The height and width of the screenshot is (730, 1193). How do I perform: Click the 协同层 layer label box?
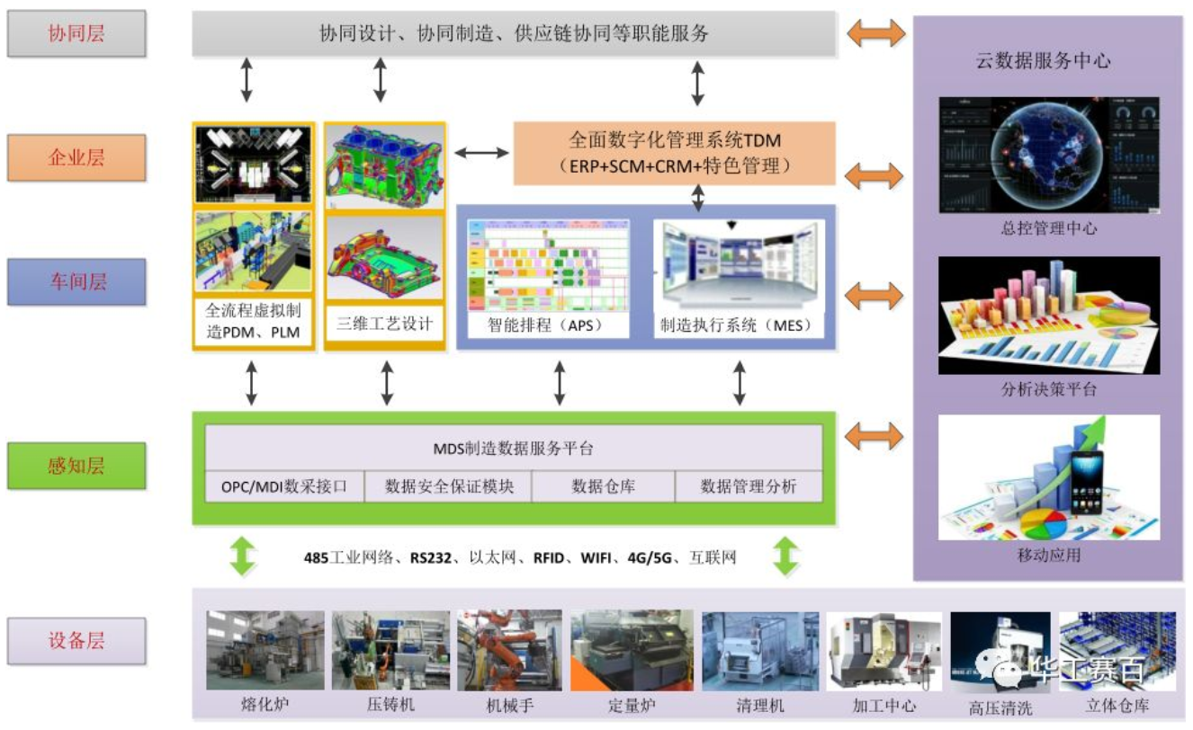click(76, 34)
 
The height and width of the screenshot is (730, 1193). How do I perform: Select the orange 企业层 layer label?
click(76, 158)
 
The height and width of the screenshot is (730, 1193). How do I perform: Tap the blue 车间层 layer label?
click(76, 282)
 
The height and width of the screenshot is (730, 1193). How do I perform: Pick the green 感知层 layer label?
click(76, 466)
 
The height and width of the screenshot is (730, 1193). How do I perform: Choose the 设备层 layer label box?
click(76, 641)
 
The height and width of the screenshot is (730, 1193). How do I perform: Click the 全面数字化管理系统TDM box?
click(674, 153)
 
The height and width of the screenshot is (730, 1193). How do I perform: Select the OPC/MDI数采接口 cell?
click(284, 487)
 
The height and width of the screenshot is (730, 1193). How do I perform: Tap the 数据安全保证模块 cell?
click(448, 487)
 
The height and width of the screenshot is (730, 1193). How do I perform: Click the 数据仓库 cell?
click(603, 487)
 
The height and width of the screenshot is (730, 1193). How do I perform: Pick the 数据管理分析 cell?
click(748, 487)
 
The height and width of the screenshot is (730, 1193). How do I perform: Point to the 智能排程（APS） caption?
click(544, 325)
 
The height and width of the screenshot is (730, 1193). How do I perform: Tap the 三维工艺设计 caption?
click(384, 325)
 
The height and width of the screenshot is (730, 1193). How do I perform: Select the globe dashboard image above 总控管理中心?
click(1048, 155)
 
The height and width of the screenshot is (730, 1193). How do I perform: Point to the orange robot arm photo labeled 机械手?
click(509, 650)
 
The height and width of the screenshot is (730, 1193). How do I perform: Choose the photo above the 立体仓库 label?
click(1117, 650)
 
